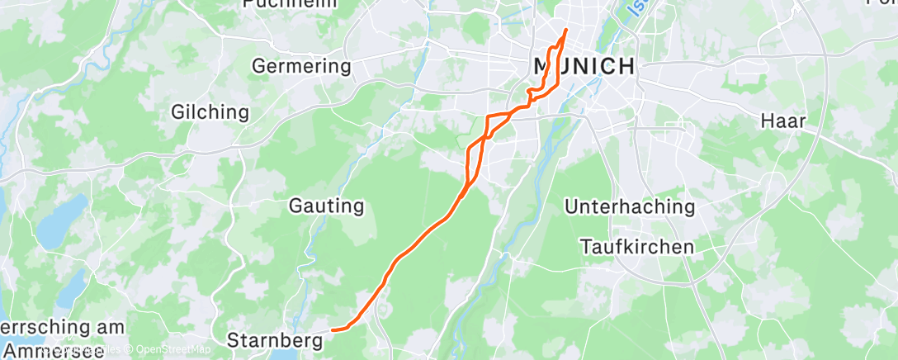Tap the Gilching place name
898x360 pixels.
(210, 111)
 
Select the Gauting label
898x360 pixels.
(327, 206)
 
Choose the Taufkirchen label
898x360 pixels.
(637, 246)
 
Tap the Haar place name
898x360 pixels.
(782, 121)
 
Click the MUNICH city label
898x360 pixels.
(584, 67)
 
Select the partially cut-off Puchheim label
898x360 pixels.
(290, 3)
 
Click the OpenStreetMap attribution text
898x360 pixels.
(173, 350)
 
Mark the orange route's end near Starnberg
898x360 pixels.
(333, 330)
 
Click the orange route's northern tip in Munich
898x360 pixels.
(566, 31)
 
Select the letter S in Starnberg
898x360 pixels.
(232, 339)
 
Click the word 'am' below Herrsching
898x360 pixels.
(108, 328)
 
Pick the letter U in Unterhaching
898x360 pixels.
(572, 206)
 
